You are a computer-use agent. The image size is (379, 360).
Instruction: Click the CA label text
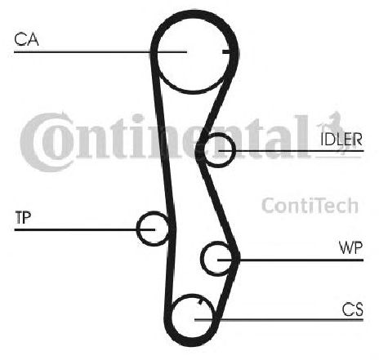[x=26, y=39]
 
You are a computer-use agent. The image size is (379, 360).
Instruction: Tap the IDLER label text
[x=341, y=139]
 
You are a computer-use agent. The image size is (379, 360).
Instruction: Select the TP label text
[x=23, y=217]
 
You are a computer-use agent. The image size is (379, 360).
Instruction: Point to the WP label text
[x=350, y=247]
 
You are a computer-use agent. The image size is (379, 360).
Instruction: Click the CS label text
[x=353, y=309]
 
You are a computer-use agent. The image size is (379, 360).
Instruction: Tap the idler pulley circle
[x=234, y=150]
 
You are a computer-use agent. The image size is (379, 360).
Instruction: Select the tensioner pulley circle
[x=137, y=229]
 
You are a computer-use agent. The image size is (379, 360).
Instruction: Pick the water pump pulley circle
[x=202, y=259]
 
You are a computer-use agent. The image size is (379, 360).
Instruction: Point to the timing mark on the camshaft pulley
[x=226, y=51]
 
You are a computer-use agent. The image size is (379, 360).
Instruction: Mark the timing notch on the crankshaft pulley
[x=200, y=301]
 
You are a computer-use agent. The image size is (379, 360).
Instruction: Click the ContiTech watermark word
[x=310, y=206]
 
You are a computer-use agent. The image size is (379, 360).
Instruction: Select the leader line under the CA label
[x=100, y=51]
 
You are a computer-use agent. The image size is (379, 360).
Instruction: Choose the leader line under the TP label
[x=85, y=230]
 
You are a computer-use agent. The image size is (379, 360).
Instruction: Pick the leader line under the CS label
[x=279, y=320]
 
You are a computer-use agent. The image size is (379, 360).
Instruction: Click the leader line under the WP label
[x=291, y=260]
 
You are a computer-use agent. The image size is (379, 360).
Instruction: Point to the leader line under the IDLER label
[x=292, y=150]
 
